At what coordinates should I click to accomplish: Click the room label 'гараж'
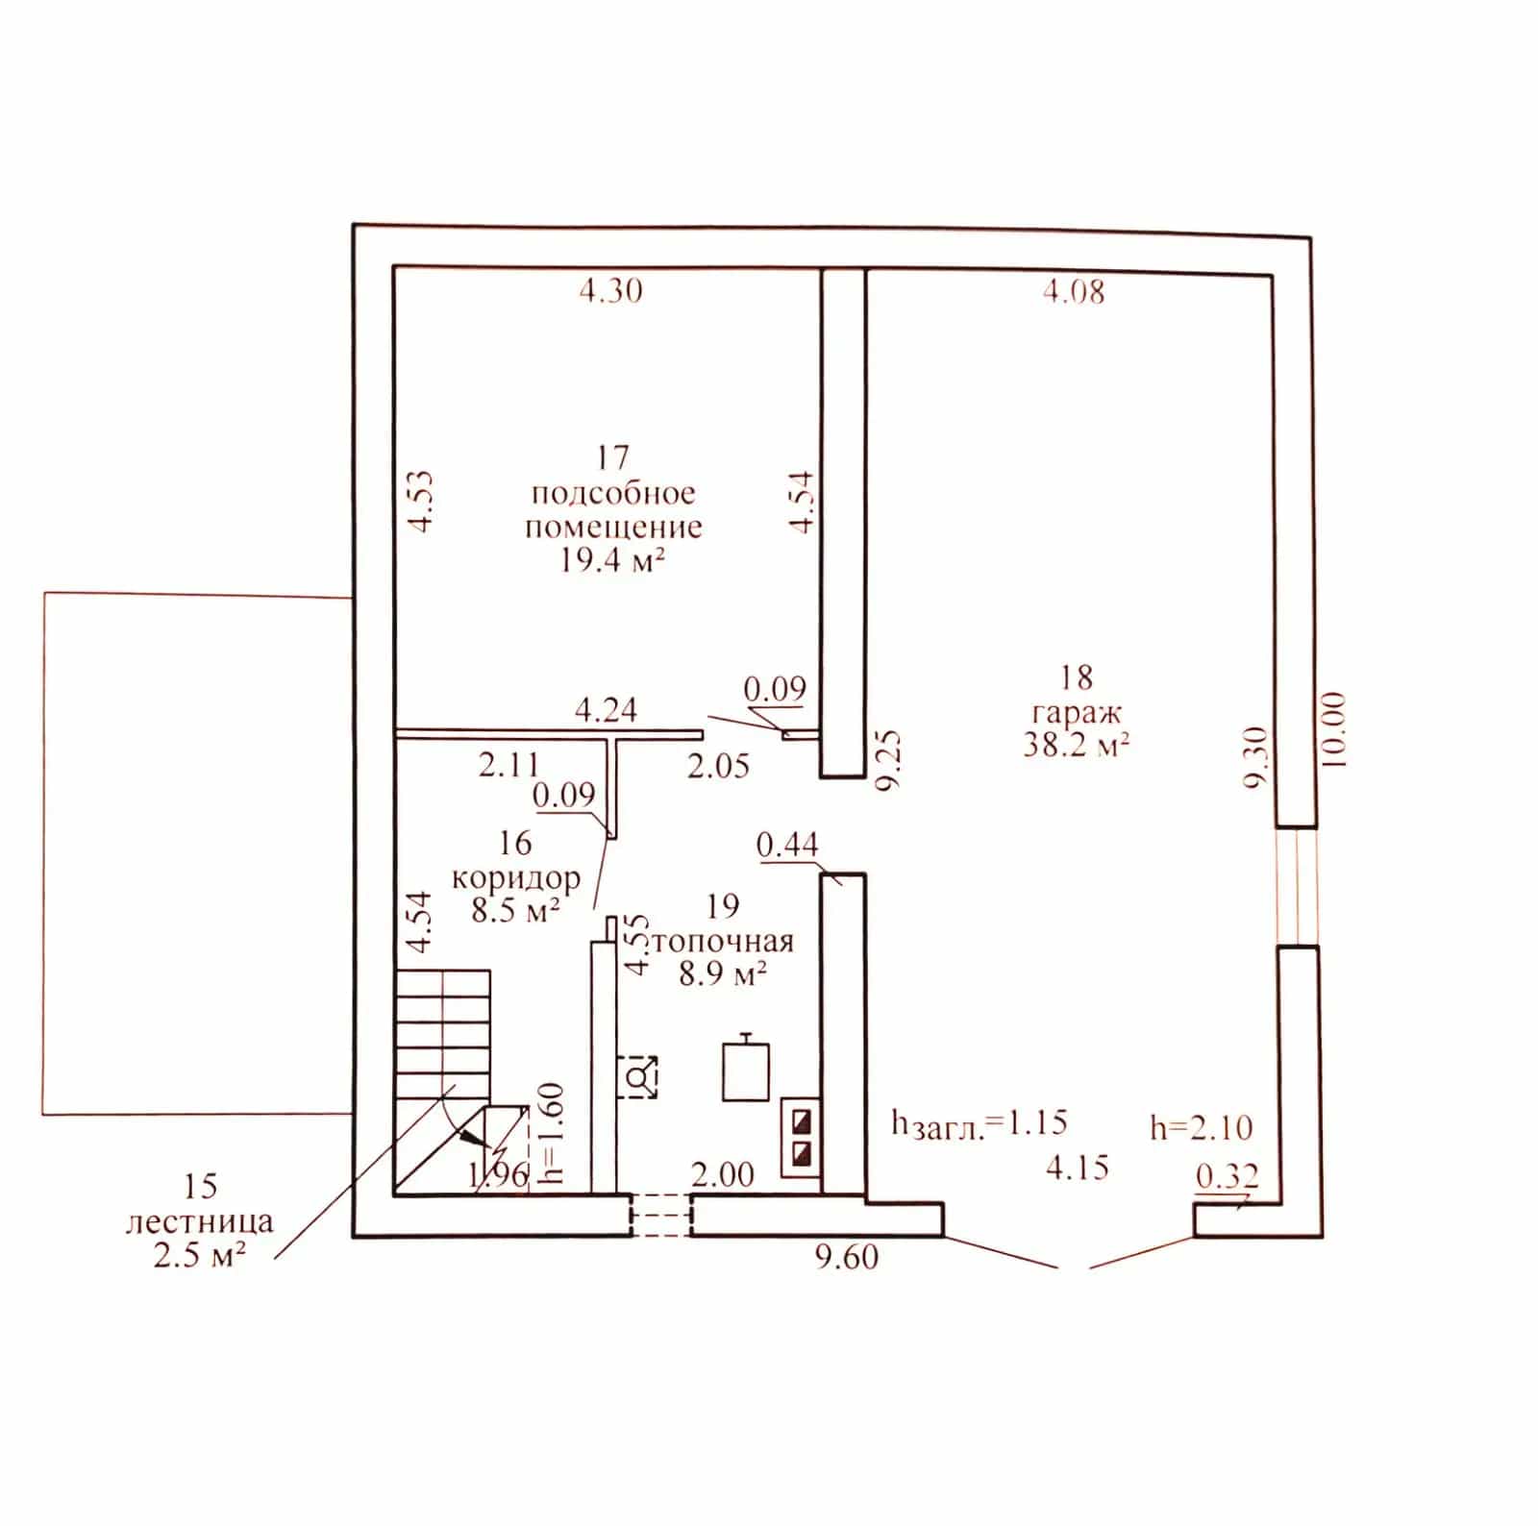tap(1077, 714)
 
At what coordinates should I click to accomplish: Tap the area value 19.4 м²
tap(613, 561)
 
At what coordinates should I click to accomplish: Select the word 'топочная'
tap(723, 941)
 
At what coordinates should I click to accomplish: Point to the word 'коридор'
tap(516, 877)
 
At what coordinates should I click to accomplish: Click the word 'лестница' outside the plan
tap(200, 1222)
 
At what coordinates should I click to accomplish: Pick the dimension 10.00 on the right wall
tap(1335, 728)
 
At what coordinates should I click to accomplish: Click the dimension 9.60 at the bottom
tap(847, 1256)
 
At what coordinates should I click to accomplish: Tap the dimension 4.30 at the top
tap(610, 289)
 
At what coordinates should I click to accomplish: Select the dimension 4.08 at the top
tap(1074, 290)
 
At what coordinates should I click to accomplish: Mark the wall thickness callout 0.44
tap(787, 845)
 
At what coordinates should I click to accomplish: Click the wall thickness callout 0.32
tap(1227, 1176)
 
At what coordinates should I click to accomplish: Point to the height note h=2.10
tap(1202, 1127)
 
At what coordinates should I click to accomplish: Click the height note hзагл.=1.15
tap(980, 1123)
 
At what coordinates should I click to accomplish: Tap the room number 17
tap(612, 457)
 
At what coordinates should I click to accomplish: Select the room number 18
tap(1077, 677)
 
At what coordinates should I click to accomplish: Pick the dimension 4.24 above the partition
tap(606, 710)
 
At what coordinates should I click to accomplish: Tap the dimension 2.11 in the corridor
tap(509, 766)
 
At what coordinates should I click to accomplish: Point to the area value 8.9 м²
tap(723, 974)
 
